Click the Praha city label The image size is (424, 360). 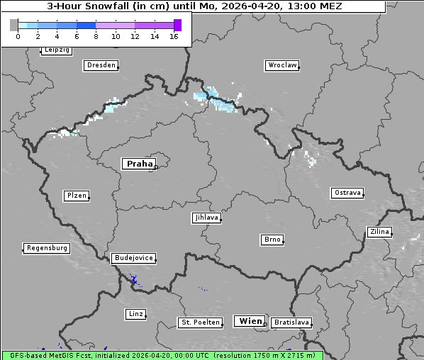coord(139,164)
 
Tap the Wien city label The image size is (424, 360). coord(250,321)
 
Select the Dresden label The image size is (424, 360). coord(101,65)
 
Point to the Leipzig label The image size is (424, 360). coord(56,50)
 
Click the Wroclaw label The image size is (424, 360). coord(282,65)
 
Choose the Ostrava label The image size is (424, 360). coord(347,193)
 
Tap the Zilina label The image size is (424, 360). coord(379,232)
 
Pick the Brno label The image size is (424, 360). coord(272,240)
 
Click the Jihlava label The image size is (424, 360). coord(206,218)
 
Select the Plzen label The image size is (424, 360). coord(76,196)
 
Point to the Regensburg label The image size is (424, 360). coord(47,248)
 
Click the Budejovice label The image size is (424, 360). coord(133,258)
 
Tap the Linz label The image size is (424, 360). coord(135,313)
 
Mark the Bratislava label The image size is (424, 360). coord(291,322)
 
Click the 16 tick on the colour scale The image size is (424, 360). coord(174,37)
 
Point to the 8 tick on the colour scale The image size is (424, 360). coord(96,37)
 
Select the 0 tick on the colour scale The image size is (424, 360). coord(18,37)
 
